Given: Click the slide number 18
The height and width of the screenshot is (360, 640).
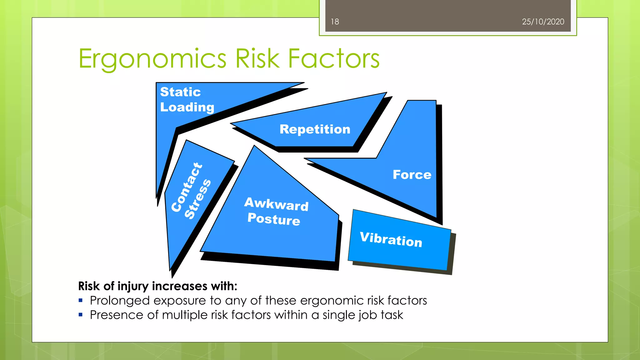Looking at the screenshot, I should [x=335, y=22].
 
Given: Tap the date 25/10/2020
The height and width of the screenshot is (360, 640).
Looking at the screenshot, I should [x=543, y=22].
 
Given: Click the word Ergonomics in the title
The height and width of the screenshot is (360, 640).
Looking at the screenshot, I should [x=152, y=59].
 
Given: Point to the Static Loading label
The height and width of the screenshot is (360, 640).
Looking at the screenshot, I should [x=187, y=99].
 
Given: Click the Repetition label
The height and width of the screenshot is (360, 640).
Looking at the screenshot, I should [x=315, y=129].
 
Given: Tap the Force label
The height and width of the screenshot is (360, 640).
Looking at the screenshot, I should [x=412, y=175].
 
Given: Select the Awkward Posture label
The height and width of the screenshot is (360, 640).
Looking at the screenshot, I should [x=276, y=211].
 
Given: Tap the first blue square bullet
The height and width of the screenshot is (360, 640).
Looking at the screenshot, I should [x=81, y=301].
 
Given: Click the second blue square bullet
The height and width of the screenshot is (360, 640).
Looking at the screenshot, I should [x=81, y=315].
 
